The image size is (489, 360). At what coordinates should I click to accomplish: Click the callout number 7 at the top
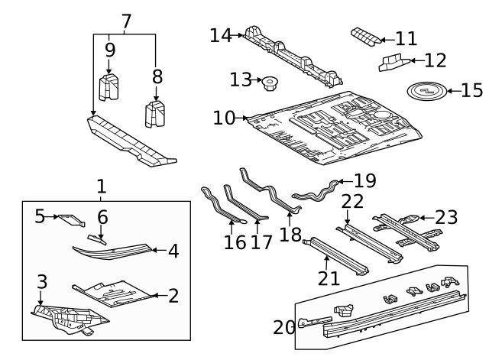point(126,21)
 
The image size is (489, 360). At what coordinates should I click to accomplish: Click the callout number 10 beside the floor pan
point(225,118)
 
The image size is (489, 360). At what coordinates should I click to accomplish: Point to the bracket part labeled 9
point(109,86)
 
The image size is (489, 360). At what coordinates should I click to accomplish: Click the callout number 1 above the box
point(101,186)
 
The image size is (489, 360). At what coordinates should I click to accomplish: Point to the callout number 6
point(102,217)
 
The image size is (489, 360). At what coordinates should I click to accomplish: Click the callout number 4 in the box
point(173,250)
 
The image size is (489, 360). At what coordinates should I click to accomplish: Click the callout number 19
point(365,181)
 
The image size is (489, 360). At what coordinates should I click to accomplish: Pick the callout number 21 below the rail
point(329,277)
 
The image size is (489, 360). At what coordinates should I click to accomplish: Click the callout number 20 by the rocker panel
point(283,327)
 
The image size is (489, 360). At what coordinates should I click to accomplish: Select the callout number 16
point(235,242)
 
